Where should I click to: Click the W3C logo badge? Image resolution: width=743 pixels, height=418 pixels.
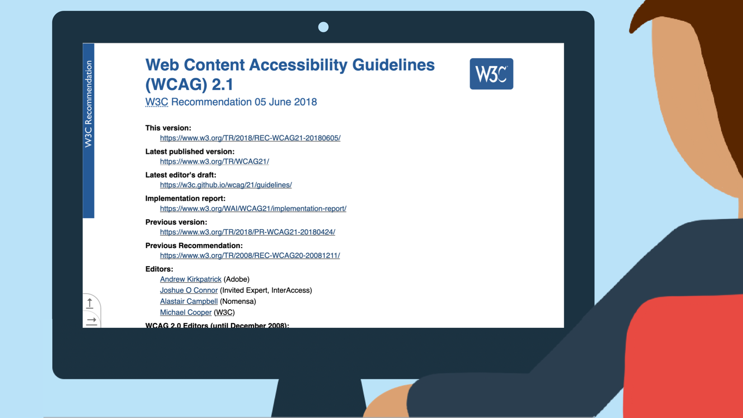[x=491, y=74]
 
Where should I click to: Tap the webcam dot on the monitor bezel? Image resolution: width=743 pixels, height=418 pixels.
[x=323, y=27]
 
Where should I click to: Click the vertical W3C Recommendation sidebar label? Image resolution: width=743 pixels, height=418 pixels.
[x=89, y=104]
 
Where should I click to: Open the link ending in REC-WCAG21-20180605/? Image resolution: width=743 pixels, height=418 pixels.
[x=250, y=138]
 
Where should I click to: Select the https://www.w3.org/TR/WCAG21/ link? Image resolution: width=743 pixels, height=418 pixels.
[x=214, y=162]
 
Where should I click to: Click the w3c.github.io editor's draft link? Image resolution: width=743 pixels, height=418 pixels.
[x=226, y=185]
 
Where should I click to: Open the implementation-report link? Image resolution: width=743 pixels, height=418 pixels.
[x=253, y=209]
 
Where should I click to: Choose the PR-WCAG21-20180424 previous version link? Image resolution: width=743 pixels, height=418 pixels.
[x=247, y=232]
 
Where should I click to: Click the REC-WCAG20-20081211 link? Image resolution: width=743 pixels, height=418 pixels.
[x=250, y=256]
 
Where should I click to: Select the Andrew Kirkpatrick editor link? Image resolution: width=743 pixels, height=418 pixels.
[x=190, y=279]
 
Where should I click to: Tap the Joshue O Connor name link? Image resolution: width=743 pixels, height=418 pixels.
[x=188, y=290]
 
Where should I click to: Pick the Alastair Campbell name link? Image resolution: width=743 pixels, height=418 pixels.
[x=188, y=302]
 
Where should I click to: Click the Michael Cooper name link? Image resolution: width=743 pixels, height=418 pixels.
[x=186, y=313]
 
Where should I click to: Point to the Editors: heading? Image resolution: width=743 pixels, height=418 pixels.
[x=159, y=269]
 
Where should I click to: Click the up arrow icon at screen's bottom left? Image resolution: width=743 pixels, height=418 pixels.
[x=90, y=303]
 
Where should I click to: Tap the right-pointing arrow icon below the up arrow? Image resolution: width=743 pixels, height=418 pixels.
[x=91, y=321]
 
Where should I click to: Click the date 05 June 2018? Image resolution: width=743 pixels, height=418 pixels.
[x=286, y=102]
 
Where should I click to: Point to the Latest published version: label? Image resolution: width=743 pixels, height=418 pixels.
[x=190, y=152]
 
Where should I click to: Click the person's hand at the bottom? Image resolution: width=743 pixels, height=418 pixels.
[x=387, y=403]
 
